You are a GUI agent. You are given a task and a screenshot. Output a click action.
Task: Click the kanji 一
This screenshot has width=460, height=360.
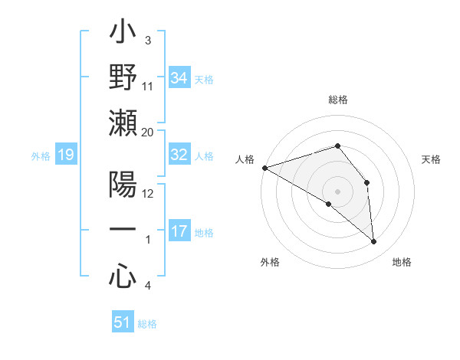[x=123, y=230]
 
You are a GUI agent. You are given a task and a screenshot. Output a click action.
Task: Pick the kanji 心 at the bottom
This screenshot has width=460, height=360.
[x=123, y=276]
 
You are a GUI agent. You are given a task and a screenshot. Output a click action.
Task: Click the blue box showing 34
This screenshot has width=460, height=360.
[x=179, y=77]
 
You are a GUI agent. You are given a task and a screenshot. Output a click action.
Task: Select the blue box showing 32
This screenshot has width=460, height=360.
[x=179, y=155]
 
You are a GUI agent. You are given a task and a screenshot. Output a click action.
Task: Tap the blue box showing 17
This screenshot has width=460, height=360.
[x=179, y=231]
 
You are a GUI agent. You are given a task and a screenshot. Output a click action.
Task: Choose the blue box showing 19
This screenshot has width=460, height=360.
[x=66, y=155]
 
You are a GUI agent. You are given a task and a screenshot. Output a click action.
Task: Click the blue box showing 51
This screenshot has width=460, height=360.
[x=123, y=322]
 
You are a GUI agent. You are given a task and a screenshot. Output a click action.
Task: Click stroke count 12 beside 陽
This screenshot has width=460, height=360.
[x=149, y=194]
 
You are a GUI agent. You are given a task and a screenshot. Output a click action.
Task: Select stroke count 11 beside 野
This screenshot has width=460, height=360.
[x=148, y=87]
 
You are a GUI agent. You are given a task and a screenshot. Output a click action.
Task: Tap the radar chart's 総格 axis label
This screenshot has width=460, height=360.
[x=338, y=100]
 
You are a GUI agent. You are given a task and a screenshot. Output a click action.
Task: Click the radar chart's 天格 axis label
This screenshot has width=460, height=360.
[x=431, y=159]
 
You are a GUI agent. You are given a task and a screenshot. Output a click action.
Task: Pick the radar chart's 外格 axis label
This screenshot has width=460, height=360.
[x=270, y=262]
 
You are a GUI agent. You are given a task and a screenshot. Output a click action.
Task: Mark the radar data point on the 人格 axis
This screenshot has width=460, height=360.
[x=264, y=167]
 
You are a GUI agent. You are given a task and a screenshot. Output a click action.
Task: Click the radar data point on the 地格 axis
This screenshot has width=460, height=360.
[x=374, y=242]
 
